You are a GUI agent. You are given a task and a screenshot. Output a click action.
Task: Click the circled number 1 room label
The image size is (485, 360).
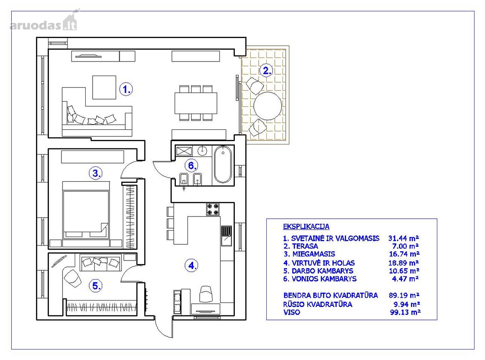click(126, 89)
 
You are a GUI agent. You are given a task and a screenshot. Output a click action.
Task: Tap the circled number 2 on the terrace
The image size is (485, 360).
click(266, 71)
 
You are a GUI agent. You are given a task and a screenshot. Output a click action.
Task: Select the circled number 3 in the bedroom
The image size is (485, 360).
click(95, 173)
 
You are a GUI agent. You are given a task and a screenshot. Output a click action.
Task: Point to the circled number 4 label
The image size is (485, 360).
click(191, 266)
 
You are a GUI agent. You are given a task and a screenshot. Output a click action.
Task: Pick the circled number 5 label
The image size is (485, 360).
click(95, 286)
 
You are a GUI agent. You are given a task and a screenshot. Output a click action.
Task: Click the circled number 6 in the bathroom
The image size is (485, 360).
click(191, 166)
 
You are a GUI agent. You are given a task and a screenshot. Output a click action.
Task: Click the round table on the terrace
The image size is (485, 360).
click(268, 106)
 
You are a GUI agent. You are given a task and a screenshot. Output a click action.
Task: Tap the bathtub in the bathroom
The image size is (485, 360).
click(223, 164)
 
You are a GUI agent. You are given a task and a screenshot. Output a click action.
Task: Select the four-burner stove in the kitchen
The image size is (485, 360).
click(213, 210)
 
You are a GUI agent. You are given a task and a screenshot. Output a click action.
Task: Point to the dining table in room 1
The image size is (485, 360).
click(196, 103)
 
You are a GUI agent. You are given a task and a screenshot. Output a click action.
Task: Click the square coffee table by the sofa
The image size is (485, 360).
click(104, 87)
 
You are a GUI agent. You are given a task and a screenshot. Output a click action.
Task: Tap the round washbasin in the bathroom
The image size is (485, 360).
click(202, 150)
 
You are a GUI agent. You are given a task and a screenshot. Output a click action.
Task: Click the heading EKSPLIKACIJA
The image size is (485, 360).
click(306, 227)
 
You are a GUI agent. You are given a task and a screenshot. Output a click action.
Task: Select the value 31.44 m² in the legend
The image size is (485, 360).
click(404, 238)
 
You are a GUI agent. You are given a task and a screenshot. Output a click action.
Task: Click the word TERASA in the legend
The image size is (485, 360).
click(305, 246)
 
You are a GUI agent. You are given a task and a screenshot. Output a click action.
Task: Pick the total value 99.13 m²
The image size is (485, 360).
click(405, 312)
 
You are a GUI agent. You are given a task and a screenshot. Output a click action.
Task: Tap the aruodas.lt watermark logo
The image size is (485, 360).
click(44, 21)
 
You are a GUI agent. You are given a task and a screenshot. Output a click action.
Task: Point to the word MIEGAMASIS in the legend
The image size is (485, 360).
click(314, 254)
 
